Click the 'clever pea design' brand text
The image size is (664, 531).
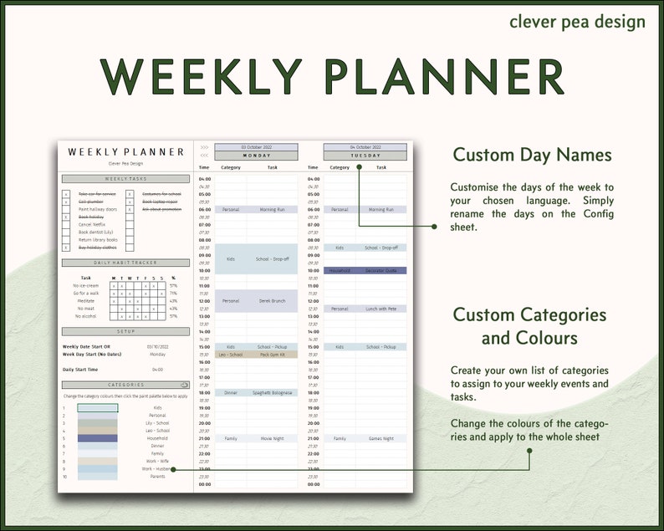[x=577, y=21]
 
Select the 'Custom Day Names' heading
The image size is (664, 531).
[x=532, y=155]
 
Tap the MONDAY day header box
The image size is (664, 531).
[x=256, y=156]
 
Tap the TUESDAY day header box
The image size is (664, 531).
[x=365, y=156]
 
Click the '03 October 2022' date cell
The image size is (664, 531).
[x=256, y=147]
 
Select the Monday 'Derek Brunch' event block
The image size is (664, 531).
[x=273, y=300]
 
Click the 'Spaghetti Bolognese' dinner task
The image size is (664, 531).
[x=273, y=392]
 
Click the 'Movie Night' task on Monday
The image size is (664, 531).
[x=273, y=438]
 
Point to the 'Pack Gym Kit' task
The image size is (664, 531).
[x=273, y=355]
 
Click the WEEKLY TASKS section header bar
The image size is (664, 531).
[x=126, y=179]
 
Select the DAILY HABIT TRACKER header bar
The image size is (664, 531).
[x=126, y=263]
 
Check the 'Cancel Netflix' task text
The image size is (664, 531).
[x=91, y=224]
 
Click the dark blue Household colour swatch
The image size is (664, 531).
[x=98, y=438]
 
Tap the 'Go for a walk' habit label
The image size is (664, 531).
[x=86, y=294]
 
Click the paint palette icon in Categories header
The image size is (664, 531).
[x=184, y=385]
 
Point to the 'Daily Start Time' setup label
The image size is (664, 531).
[x=80, y=369]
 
